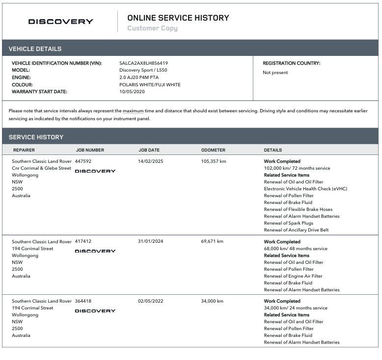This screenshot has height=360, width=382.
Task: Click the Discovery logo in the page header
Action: tap(60, 22)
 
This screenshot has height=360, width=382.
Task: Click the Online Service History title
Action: tap(178, 18)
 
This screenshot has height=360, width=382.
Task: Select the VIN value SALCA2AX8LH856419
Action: tap(143, 63)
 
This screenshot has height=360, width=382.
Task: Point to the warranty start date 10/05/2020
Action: tap(132, 92)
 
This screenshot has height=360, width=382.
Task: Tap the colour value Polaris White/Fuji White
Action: tap(150, 84)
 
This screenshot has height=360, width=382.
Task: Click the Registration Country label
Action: tap(291, 63)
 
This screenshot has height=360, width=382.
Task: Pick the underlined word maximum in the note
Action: tap(133, 111)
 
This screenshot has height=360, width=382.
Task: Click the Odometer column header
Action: tap(213, 150)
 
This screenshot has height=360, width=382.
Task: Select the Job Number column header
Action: tap(90, 150)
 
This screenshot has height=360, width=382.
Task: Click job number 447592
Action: tap(83, 161)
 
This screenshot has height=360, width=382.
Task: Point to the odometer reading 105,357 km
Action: tap(214, 161)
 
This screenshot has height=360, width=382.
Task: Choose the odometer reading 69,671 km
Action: tap(212, 241)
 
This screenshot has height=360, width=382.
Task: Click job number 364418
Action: tap(83, 301)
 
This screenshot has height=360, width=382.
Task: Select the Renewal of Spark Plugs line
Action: tap(288, 223)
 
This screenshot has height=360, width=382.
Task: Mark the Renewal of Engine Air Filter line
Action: tap(293, 276)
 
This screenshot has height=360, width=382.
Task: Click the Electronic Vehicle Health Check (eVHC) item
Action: tap(305, 189)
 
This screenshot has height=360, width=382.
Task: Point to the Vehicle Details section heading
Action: tap(35, 49)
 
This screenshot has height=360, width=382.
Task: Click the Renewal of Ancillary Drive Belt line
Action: tap(296, 230)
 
